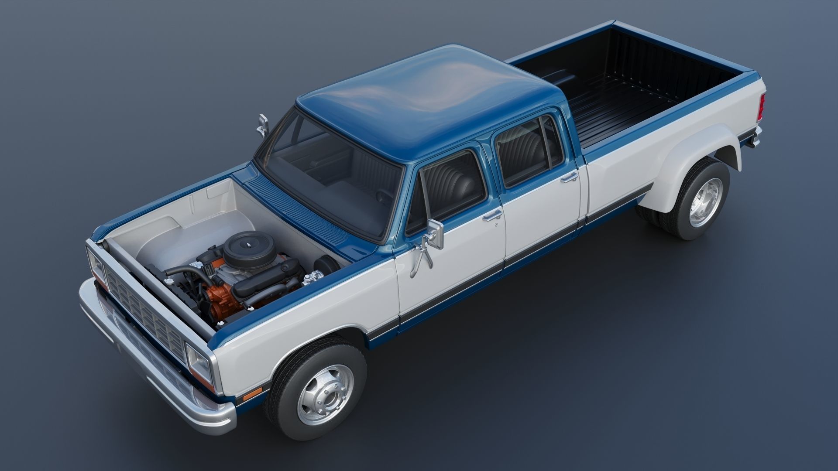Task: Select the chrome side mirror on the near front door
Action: [436, 233]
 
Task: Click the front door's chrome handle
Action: [492, 215]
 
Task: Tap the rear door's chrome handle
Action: [569, 177]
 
